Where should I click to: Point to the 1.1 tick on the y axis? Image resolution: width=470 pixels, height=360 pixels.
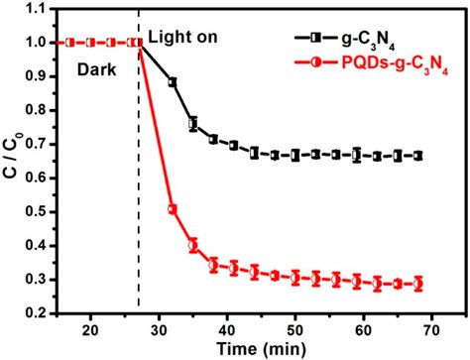[x=43, y=10]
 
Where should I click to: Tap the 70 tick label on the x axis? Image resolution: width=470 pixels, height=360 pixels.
[x=430, y=328]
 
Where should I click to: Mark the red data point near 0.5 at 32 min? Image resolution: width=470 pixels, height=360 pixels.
[x=173, y=209]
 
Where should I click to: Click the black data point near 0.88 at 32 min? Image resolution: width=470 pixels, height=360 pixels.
[x=173, y=82]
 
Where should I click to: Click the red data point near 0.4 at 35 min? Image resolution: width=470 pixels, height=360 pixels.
[x=193, y=245]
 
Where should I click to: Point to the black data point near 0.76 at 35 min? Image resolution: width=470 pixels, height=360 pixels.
[x=193, y=124]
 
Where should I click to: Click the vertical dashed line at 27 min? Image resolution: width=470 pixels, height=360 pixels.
[x=139, y=198]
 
